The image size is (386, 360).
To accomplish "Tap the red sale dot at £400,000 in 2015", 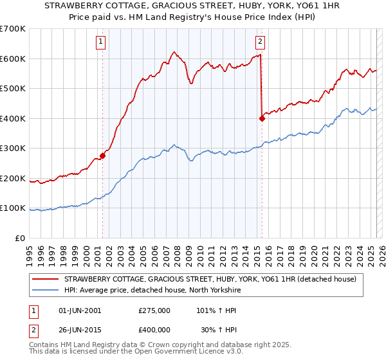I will tap(262, 118).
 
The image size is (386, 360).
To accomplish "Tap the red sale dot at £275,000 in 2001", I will tap(102, 156).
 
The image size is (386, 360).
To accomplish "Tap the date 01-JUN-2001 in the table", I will tap(79, 310).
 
